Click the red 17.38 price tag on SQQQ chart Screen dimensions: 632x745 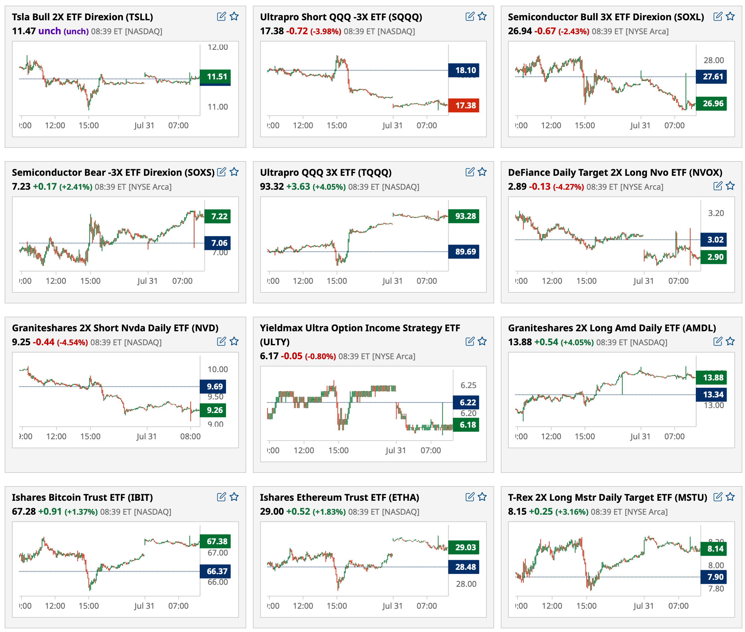465,105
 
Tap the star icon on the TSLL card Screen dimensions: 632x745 234,17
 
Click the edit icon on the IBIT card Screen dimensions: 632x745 221,497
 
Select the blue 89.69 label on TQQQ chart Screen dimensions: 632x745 465,252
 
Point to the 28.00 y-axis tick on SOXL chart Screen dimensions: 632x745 713,60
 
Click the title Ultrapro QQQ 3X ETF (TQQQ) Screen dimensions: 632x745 325,172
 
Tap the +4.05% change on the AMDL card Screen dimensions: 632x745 577,342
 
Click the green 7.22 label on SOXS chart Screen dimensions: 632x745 219,216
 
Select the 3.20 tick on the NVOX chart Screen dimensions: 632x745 716,213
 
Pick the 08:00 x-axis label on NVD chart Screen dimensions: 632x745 190,436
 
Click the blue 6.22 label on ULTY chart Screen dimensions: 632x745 467,402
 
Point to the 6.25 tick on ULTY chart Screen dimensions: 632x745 468,385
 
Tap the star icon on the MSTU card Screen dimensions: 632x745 730,497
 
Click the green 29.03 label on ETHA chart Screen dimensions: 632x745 465,547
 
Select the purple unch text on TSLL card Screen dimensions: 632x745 50,31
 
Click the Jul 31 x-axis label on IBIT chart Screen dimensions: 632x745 144,606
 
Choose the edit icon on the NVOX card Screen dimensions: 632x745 718,186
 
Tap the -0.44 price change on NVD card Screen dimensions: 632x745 43,342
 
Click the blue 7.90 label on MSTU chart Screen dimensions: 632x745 715,577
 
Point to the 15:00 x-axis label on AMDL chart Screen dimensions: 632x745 585,436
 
